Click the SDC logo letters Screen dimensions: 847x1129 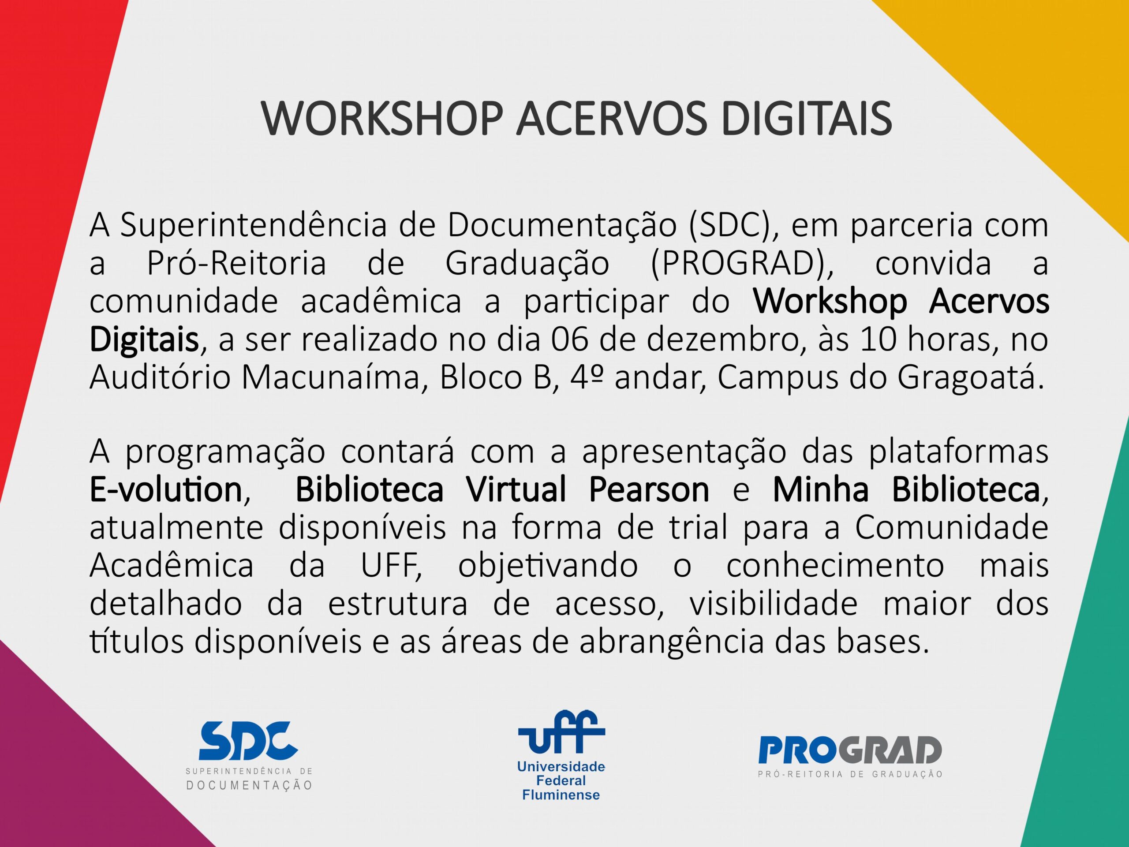tap(248, 740)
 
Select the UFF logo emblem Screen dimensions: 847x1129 tap(561, 733)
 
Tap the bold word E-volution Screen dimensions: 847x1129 tap(165, 490)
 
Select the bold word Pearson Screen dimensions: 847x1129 tap(649, 490)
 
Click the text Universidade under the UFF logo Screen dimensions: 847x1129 tap(561, 766)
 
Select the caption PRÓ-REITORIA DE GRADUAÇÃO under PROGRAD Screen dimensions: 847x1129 tap(850, 775)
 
